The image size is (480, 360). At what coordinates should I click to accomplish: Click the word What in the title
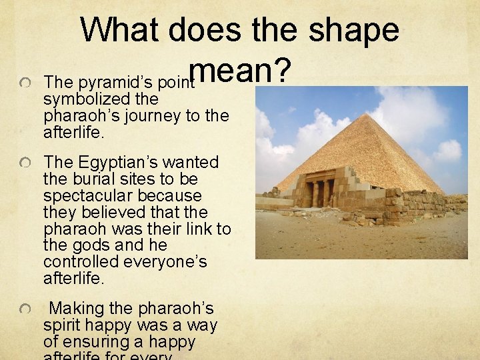[121, 31]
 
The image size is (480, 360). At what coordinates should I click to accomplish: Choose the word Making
[77, 309]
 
